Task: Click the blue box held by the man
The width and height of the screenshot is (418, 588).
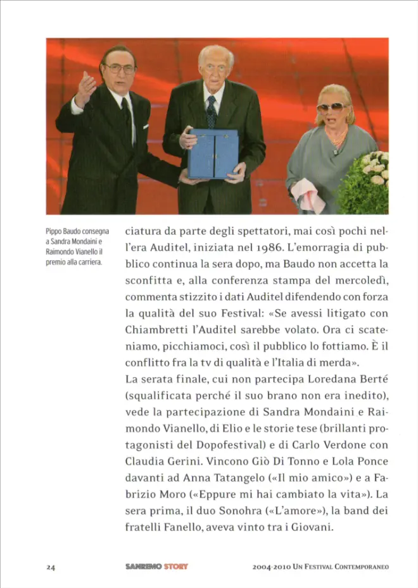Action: [x=213, y=154]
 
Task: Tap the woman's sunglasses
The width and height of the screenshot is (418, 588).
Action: [x=333, y=107]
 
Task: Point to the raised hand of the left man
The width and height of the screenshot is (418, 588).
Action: [x=86, y=88]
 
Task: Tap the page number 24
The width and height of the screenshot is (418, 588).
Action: [x=51, y=567]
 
